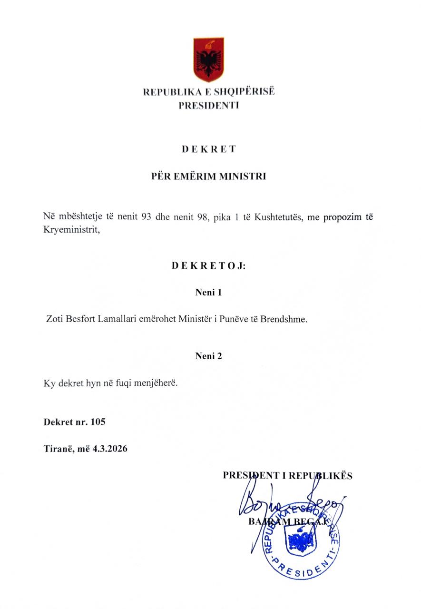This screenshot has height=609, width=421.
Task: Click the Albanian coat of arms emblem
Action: (208, 60)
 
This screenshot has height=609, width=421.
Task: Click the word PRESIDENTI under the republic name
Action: (208, 106)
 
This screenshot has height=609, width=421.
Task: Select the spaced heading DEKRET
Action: (208, 149)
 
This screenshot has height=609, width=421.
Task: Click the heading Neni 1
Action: (208, 292)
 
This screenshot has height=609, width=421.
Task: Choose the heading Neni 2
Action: (208, 356)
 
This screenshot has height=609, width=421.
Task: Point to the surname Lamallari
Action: (119, 319)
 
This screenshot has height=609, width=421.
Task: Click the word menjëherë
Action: (157, 383)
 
